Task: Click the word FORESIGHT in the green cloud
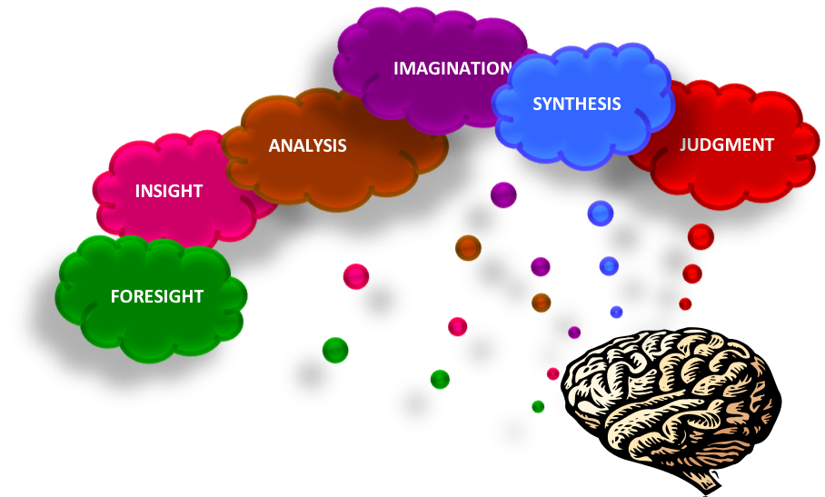tap(156, 296)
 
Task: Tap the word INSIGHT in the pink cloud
tap(169, 191)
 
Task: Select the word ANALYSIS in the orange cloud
tap(307, 145)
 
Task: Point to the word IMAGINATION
tap(452, 68)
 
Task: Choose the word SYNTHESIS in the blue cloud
tap(576, 104)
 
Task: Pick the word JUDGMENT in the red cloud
tap(726, 144)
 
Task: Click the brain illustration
tap(669, 395)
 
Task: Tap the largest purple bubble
tap(503, 194)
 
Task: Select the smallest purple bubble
tap(574, 333)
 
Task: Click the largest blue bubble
tap(601, 214)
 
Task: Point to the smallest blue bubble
tap(616, 313)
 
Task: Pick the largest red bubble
tap(701, 237)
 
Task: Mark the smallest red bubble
tap(685, 303)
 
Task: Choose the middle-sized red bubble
tap(692, 273)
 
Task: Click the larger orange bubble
tap(468, 248)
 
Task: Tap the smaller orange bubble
tap(542, 303)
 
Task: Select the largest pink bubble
tap(356, 277)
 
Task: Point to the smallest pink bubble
tap(552, 373)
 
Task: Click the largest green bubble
tap(335, 350)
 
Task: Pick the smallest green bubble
tap(538, 406)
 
